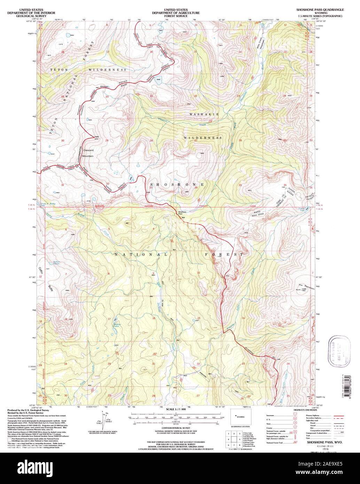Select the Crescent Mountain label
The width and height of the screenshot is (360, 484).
[x=88, y=153]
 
